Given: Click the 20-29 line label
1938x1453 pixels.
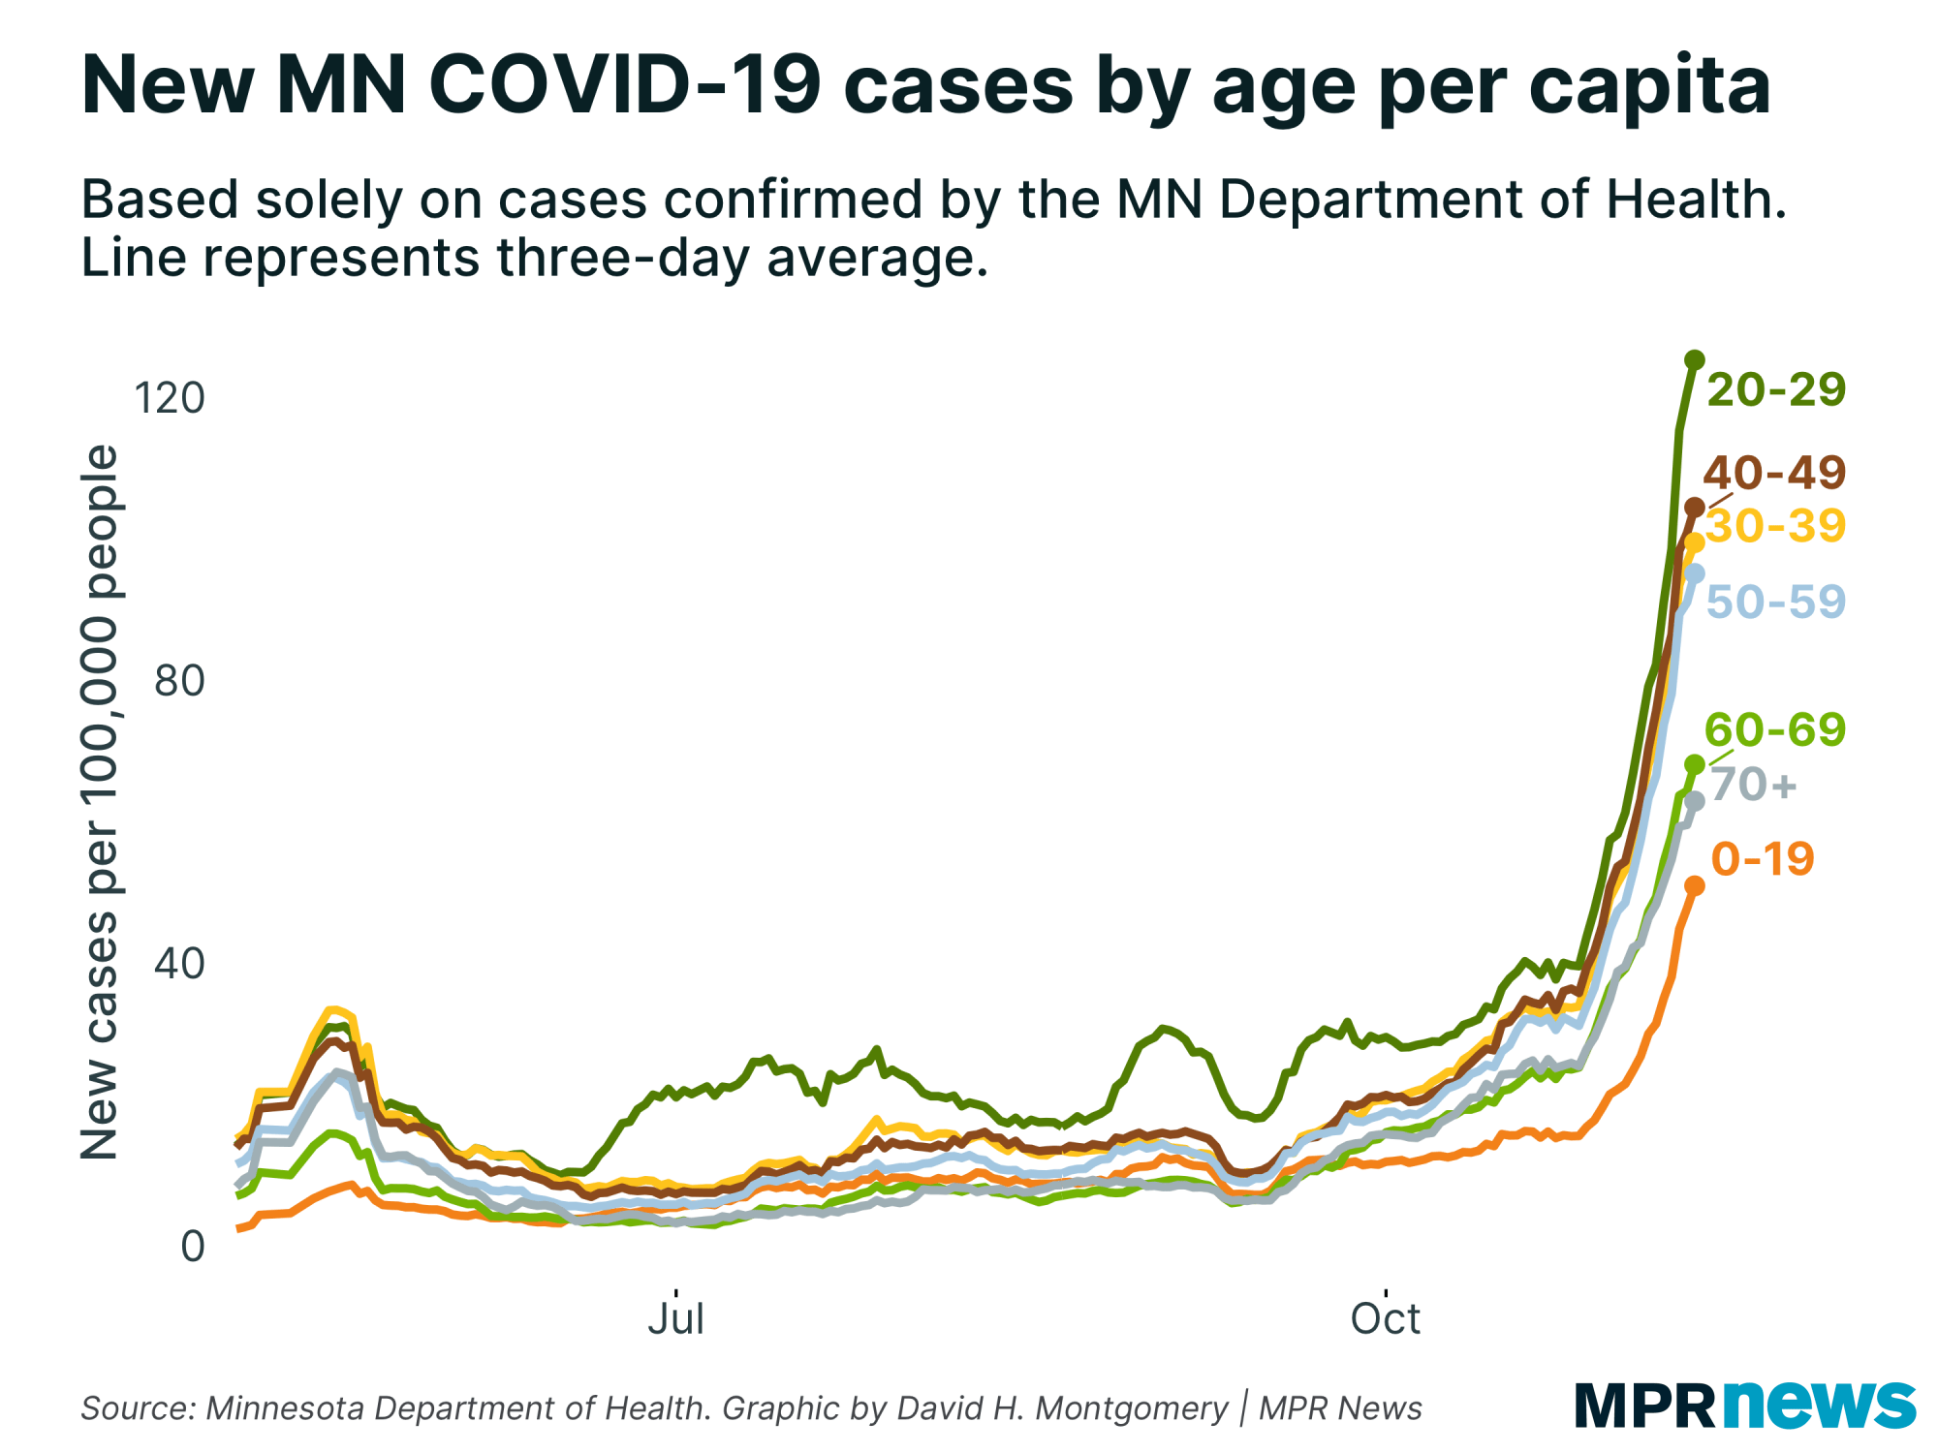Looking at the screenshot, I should (1775, 389).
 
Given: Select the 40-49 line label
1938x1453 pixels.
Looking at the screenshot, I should (1774, 473).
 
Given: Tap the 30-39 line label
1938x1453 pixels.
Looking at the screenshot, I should (1775, 526).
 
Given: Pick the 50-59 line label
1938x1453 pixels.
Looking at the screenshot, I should (1775, 602).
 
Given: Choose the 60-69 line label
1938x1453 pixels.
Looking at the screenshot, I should (1774, 729).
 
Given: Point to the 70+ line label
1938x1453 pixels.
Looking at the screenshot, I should (1754, 784).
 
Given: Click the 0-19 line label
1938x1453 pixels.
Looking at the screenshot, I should (1762, 859).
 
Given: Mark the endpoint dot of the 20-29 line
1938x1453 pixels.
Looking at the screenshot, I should (1694, 360).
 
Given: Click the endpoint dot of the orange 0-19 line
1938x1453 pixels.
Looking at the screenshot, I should (1694, 885).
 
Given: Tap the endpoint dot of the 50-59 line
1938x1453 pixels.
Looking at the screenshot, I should (1694, 573).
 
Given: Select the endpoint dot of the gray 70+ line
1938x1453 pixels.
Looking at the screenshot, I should (1694, 801).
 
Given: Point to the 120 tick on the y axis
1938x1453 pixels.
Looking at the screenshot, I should (170, 397).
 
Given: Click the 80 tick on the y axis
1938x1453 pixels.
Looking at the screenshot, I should (180, 681).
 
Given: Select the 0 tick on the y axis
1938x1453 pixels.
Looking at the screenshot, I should (193, 1247).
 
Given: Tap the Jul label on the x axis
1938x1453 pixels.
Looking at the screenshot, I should (675, 1318).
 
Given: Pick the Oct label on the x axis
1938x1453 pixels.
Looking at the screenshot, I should (1386, 1318).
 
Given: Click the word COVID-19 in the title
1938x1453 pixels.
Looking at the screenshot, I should (625, 85).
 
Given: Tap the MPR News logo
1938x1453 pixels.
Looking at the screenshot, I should (1744, 1405).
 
